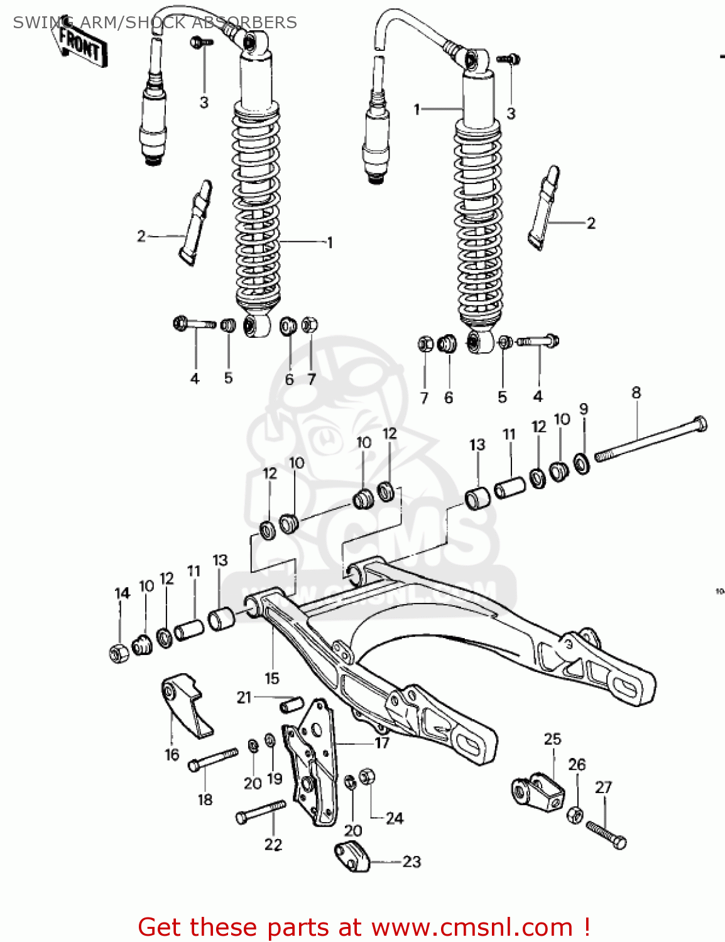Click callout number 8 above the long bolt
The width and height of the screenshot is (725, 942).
[636, 393]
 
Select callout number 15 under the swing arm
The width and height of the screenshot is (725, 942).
[271, 679]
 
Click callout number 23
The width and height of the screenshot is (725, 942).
[412, 862]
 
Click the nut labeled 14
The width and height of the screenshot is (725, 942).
[118, 653]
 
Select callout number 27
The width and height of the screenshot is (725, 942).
[603, 788]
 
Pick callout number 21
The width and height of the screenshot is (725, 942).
[244, 697]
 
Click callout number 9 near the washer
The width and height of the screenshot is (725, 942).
[584, 409]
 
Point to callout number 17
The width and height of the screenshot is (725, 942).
[382, 743]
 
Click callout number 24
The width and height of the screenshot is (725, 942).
[394, 818]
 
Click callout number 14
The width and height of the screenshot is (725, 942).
[122, 593]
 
